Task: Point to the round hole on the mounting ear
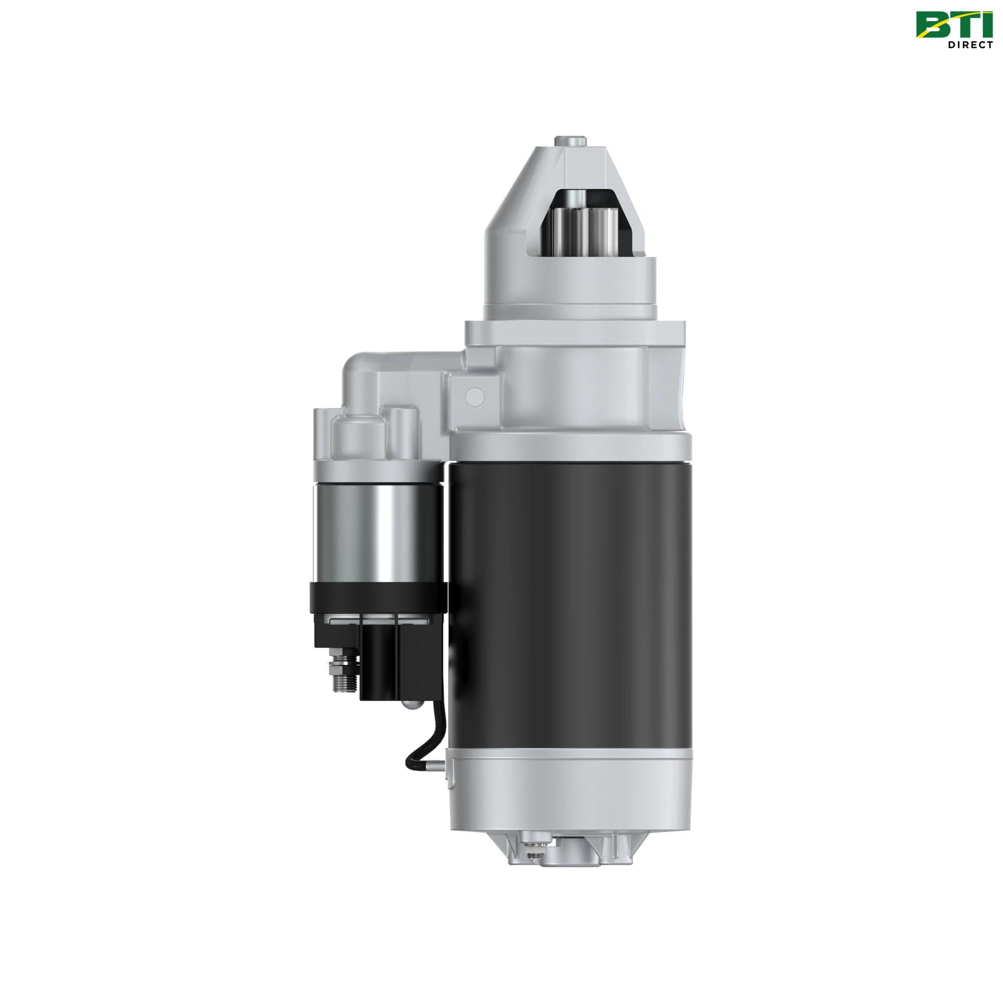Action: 474,396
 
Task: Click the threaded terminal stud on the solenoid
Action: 343,675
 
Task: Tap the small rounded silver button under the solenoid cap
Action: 410,705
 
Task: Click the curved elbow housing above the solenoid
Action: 374,374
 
